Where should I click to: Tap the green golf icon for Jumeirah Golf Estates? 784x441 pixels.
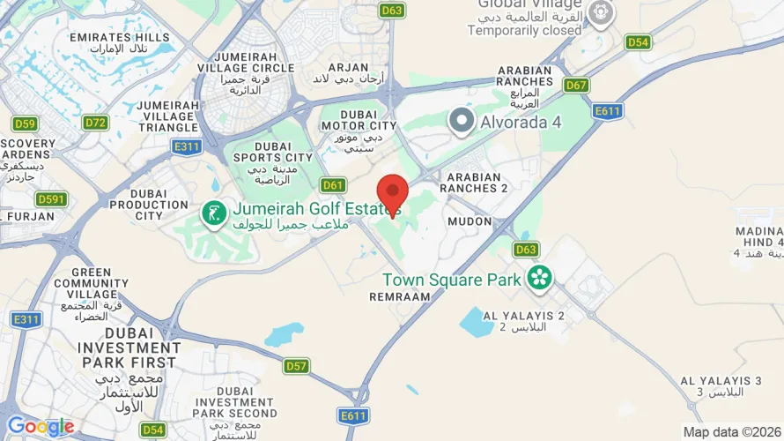click(213, 212)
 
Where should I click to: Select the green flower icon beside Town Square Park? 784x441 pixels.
click(538, 280)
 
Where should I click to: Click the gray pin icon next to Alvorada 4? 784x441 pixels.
click(461, 122)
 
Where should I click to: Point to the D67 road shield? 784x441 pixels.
click(577, 86)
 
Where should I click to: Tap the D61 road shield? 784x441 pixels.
click(333, 184)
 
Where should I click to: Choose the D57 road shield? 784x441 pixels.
click(297, 366)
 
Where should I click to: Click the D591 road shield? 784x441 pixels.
click(52, 199)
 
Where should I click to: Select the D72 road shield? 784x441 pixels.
click(95, 123)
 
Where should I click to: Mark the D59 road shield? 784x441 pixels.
click(25, 123)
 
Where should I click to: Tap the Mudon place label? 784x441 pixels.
click(469, 221)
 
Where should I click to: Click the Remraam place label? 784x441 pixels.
click(400, 298)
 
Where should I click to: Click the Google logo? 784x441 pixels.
click(41, 427)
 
